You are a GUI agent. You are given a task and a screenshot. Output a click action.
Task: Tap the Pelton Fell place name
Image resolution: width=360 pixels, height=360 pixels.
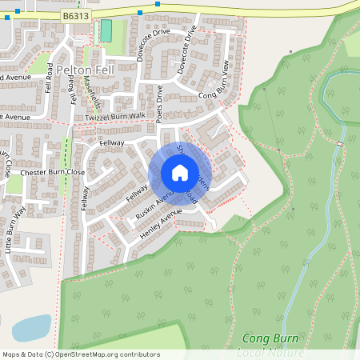coord(86,70)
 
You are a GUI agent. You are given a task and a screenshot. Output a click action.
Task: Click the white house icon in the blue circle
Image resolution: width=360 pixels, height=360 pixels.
coord(180,173)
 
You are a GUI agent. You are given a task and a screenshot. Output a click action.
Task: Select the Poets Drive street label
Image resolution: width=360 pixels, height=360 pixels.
coord(160,104)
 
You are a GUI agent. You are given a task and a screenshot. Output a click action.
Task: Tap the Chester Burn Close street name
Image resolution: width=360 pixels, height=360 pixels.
coord(53,172)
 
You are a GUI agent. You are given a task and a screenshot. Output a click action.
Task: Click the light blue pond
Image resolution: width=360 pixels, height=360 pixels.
coord(32,326)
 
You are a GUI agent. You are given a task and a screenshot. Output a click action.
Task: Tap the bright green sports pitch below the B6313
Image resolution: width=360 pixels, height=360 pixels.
coord(106,31)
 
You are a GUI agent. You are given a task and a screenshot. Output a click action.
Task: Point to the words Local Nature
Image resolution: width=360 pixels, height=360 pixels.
coord(272,352)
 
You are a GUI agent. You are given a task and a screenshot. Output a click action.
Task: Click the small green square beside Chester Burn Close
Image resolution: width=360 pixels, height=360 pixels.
coord(14,185)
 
